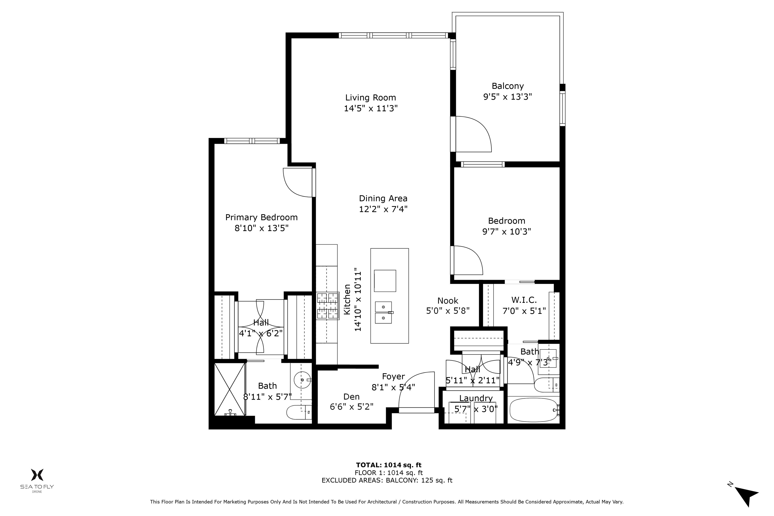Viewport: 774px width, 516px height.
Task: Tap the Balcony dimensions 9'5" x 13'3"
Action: point(507,97)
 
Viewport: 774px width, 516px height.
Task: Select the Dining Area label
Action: point(383,199)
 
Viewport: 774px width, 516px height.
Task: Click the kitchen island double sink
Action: point(383,313)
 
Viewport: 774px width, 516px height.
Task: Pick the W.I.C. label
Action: point(524,300)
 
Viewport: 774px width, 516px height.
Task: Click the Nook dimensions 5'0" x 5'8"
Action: point(447,311)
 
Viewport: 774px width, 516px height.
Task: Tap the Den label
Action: point(351,397)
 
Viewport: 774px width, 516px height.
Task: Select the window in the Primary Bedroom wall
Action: point(252,141)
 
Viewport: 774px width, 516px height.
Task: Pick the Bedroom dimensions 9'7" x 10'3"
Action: point(506,232)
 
